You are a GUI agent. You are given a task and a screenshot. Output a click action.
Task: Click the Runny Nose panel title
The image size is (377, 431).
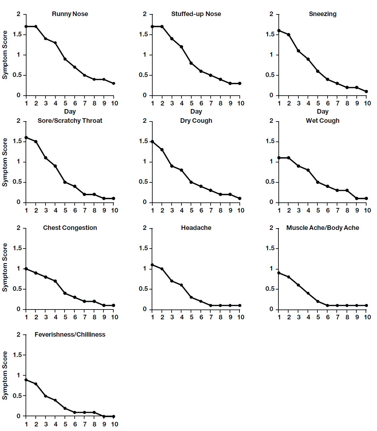(70, 14)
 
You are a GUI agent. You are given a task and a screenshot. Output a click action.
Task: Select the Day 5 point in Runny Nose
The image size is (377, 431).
(65, 59)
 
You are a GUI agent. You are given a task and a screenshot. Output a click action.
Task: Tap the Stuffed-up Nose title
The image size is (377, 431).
(196, 14)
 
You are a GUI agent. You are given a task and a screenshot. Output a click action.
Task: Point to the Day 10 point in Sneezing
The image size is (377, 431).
(367, 91)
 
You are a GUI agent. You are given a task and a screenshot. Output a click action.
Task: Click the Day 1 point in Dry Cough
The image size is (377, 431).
(152, 141)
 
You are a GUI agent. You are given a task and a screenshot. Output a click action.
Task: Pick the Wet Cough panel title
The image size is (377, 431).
(322, 121)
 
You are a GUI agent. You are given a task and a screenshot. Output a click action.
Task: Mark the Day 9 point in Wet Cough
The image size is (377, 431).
(357, 198)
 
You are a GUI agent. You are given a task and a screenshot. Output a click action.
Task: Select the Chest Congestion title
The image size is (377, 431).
(70, 228)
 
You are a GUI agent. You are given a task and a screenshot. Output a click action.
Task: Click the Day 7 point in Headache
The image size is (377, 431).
(211, 305)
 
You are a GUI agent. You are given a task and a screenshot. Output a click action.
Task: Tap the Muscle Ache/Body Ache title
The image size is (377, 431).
(322, 228)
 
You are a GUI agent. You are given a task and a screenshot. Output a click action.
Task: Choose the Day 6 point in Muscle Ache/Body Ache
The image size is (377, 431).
(328, 305)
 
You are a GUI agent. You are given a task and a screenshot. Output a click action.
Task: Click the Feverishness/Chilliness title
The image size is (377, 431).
(70, 334)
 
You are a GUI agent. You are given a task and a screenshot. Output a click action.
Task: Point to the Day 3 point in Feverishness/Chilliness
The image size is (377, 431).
(46, 396)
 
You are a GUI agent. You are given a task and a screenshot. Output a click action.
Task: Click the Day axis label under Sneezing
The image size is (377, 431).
(322, 111)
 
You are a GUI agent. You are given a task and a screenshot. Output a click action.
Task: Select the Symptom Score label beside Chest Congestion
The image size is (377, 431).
(5, 267)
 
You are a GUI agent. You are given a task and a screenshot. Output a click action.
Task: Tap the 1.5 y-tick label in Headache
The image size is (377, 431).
(143, 248)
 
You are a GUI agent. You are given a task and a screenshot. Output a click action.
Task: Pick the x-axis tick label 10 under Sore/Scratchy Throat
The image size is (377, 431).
(114, 210)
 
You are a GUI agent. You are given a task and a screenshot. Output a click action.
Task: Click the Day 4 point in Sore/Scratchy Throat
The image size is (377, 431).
(55, 166)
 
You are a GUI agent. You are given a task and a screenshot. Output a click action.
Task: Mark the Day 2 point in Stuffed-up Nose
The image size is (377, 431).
(162, 27)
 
